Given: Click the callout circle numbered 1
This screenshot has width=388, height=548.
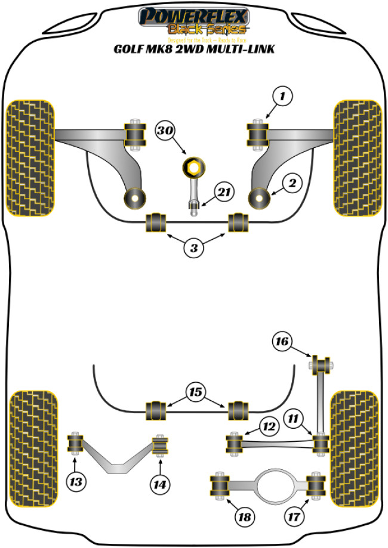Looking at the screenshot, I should [x=284, y=94].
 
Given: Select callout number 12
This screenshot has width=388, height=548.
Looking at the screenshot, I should [x=269, y=425].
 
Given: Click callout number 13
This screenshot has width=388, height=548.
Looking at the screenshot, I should [x=76, y=481].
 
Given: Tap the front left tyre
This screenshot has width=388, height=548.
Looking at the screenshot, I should [x=30, y=156].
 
